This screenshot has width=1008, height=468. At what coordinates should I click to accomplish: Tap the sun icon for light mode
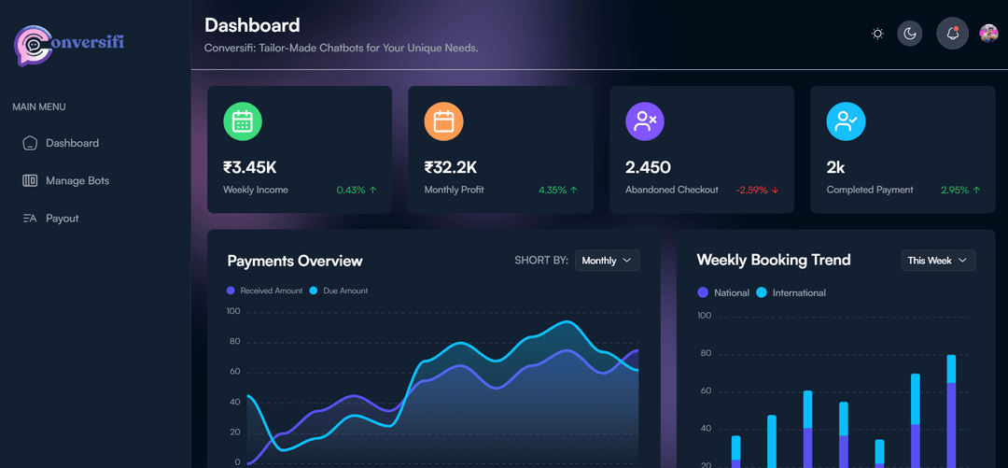[877, 34]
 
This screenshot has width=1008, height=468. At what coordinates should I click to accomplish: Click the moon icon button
[910, 34]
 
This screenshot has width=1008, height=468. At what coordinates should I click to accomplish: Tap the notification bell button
[952, 34]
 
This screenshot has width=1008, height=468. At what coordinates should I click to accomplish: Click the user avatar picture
[988, 34]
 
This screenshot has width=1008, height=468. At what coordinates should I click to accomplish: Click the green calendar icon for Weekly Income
[243, 121]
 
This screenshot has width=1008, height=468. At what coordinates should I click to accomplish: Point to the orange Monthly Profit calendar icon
[444, 121]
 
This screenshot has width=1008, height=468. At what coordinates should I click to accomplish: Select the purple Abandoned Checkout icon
[644, 121]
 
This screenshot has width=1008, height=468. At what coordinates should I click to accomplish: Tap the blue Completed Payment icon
[846, 121]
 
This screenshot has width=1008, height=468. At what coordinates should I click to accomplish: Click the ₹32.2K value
[451, 168]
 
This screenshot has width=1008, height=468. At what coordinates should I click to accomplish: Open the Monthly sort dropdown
[607, 261]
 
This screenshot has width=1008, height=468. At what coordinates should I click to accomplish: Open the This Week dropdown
[938, 261]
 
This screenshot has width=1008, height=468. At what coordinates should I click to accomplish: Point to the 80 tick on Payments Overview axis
[233, 342]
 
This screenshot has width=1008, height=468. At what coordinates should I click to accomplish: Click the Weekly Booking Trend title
[774, 260]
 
